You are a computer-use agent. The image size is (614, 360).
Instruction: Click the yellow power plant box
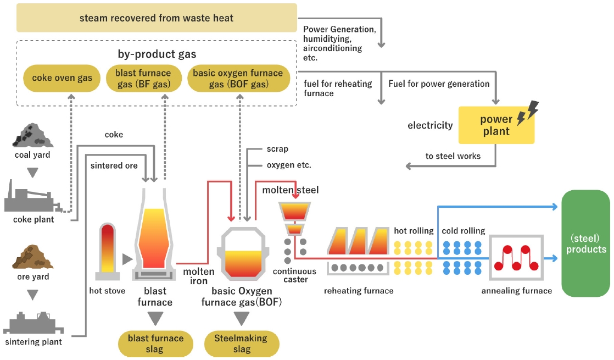point(496,125)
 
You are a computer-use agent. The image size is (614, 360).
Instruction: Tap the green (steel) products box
point(586,243)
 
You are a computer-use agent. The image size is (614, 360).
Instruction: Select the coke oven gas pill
point(62,78)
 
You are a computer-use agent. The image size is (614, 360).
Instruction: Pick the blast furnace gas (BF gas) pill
point(144,79)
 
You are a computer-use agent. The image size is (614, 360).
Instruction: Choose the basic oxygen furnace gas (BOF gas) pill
point(238,79)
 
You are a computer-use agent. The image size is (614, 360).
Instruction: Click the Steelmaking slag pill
point(242,344)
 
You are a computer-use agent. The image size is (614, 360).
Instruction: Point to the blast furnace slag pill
point(155,344)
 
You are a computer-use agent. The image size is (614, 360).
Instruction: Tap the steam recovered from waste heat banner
point(157,18)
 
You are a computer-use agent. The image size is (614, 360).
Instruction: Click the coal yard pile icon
point(32,136)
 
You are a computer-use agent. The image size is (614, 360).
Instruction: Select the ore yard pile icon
point(32,257)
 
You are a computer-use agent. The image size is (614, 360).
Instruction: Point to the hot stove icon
point(108,251)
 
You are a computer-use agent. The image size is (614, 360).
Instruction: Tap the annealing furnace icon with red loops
point(516,257)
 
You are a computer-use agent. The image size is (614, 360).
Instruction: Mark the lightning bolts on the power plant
point(527,113)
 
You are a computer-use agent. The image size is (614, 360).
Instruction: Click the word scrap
point(277,149)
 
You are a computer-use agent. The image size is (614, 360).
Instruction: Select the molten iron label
point(198,276)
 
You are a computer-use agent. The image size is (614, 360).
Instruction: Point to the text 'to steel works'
point(453,156)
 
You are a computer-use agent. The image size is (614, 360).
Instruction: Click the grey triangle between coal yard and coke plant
point(32,173)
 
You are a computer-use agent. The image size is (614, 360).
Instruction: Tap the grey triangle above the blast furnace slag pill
point(155,318)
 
